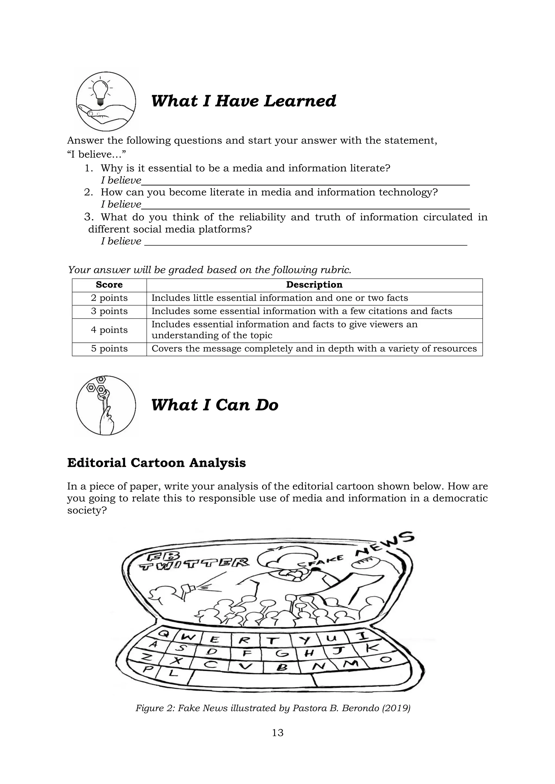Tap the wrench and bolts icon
click(x=106, y=405)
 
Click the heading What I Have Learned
click(x=243, y=101)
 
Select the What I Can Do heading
click(x=215, y=405)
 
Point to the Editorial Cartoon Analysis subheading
click(x=157, y=463)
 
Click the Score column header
click(x=109, y=285)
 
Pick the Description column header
click(x=314, y=285)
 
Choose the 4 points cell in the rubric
click(x=109, y=330)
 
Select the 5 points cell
click(x=109, y=349)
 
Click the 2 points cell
click(x=109, y=298)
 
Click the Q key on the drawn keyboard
click(x=164, y=633)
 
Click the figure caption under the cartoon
click(x=273, y=708)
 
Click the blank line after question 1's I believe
click(x=305, y=185)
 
